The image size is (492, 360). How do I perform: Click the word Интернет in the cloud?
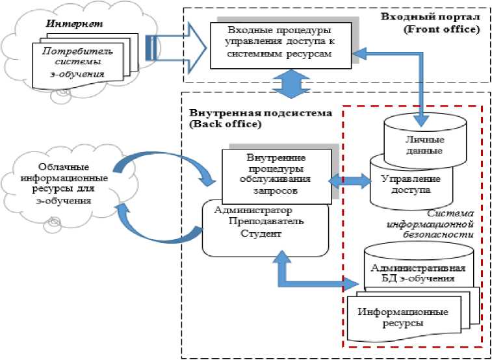(64, 24)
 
